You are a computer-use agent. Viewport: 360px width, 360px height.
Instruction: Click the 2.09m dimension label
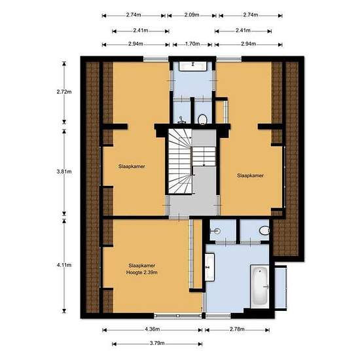[x=192, y=15]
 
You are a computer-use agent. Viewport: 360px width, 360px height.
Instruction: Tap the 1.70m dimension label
[x=192, y=44]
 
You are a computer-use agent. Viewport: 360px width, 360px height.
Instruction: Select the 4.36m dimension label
[x=153, y=329]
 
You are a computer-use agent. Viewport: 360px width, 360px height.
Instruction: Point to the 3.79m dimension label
[x=157, y=343]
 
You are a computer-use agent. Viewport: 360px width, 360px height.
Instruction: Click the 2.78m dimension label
[x=237, y=329]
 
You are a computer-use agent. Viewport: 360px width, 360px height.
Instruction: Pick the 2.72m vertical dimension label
[x=64, y=92]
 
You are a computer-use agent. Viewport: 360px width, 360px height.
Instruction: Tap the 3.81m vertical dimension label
[x=64, y=171]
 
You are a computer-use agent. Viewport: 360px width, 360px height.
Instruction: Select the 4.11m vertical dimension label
[x=64, y=265]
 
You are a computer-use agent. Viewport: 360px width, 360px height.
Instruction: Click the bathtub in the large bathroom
[x=260, y=287]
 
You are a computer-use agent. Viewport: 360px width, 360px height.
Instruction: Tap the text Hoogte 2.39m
[x=141, y=272]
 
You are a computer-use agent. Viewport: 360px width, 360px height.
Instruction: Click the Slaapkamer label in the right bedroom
[x=250, y=175]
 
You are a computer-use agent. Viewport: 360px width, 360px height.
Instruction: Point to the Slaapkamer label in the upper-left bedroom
[x=132, y=166]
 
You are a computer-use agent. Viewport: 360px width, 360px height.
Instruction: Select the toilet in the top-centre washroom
[x=202, y=120]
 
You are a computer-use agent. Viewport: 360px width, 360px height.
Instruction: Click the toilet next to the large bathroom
[x=264, y=230]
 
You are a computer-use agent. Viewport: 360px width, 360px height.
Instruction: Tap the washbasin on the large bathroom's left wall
[x=209, y=267]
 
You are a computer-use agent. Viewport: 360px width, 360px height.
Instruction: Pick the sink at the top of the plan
[x=193, y=66]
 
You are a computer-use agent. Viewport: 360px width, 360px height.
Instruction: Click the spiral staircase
[x=180, y=161]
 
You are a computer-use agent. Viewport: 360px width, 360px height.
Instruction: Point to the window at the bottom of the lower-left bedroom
[x=177, y=316]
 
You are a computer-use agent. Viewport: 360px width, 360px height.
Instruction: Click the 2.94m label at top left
[x=135, y=44]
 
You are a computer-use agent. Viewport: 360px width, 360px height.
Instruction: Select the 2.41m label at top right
[x=243, y=30]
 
